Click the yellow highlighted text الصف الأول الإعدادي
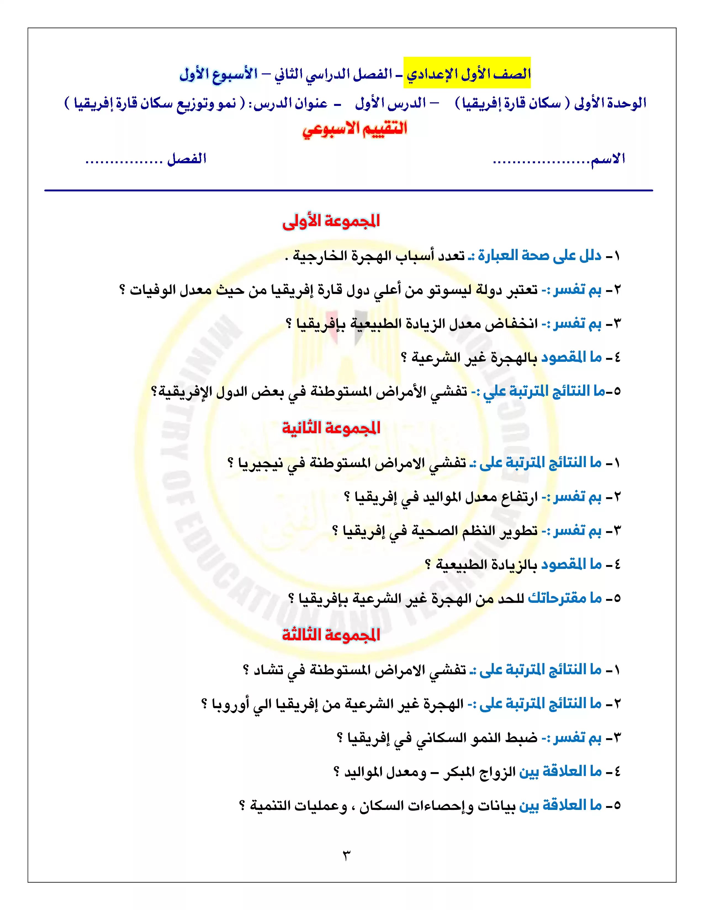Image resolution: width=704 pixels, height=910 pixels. (467, 74)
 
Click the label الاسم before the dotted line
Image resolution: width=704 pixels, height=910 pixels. (607, 159)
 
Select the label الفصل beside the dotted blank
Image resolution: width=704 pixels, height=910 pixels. (186, 159)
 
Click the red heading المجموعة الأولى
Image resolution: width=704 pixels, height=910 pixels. (331, 221)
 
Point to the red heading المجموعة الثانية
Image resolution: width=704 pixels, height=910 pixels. (331, 428)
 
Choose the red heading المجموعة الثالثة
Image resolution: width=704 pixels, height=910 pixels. (331, 635)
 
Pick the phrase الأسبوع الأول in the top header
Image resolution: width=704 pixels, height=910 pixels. (219, 74)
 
